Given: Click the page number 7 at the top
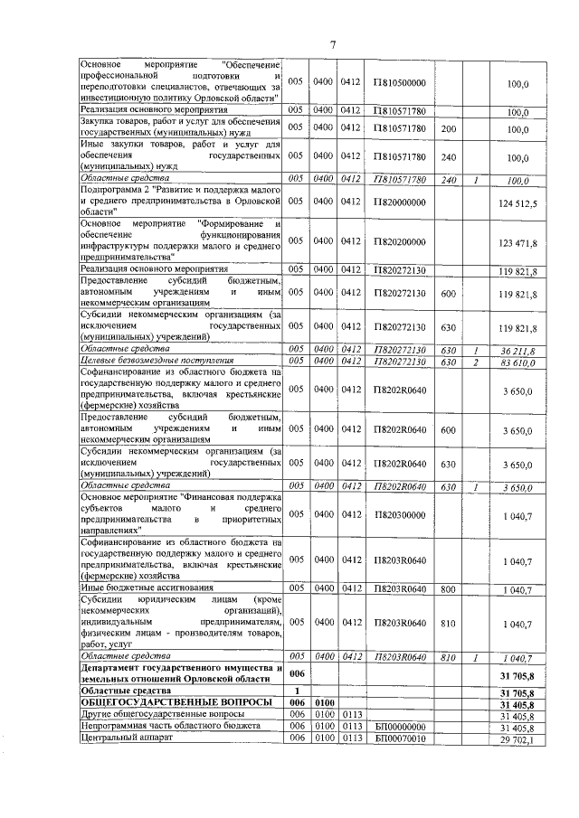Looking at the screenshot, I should click(332, 44).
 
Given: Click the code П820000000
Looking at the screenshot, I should click(399, 204).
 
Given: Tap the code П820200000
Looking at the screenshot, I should click(399, 243).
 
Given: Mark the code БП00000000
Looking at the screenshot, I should click(399, 727).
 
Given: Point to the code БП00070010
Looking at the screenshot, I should click(399, 739).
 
